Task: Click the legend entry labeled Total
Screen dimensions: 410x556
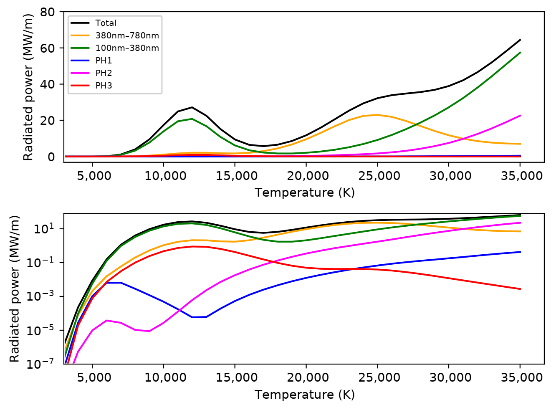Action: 106,23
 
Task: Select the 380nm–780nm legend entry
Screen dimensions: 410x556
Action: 127,36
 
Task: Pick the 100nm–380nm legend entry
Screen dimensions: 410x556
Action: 127,48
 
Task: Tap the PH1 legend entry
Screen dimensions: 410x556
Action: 104,61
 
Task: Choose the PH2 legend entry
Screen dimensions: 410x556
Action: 104,73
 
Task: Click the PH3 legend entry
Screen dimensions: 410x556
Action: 104,86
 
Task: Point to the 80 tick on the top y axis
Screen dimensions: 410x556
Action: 47,12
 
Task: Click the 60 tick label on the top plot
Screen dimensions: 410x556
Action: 47,48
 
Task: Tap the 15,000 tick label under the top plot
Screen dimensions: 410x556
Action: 235,176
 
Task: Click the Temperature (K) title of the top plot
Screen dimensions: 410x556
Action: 304,192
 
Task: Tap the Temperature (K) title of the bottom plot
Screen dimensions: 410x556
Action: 304,395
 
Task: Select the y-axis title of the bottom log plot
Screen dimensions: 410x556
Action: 15,289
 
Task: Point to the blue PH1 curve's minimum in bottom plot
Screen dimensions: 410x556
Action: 193,317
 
